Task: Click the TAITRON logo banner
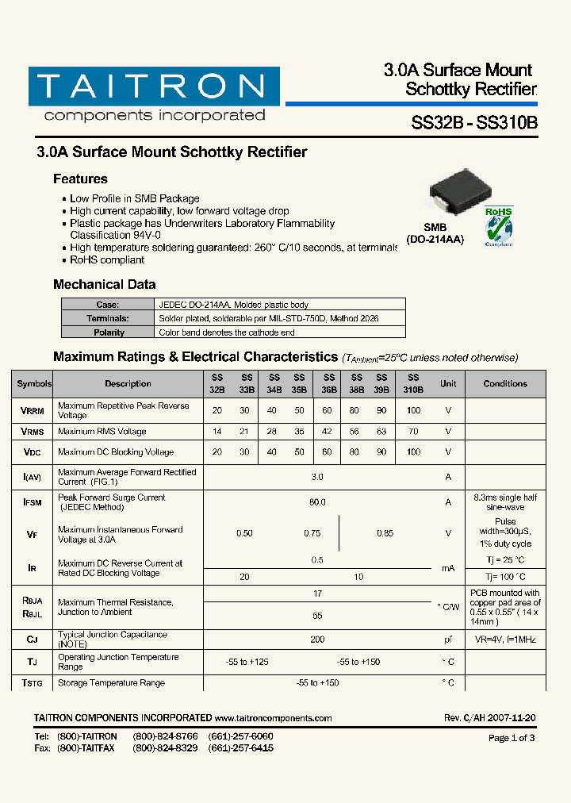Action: point(154,86)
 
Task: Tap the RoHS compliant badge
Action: point(499,226)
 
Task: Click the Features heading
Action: point(80,179)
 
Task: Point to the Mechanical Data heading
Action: point(104,284)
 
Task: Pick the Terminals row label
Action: point(109,318)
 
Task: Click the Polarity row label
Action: point(109,332)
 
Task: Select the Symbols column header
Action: point(34,384)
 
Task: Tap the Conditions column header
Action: point(505,384)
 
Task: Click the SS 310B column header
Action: point(413,384)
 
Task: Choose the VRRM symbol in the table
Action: point(33,411)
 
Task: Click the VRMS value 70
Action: point(413,432)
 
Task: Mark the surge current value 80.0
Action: point(317,502)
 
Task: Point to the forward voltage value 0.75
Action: point(312,533)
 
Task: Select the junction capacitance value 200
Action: point(317,639)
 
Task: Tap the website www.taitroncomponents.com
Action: point(273,718)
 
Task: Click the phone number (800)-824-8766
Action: point(165,736)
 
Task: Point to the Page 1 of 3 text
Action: point(512,738)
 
